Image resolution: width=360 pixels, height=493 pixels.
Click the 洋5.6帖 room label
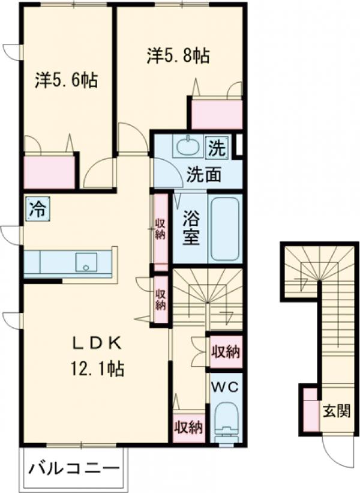pyautogui.click(x=66, y=80)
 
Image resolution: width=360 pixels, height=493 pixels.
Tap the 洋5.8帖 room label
pyautogui.click(x=178, y=56)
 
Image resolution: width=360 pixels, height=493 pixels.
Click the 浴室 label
pyautogui.click(x=191, y=227)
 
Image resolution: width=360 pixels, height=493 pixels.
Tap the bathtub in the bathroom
pyautogui.click(x=225, y=227)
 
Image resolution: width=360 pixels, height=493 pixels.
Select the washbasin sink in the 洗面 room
pyautogui.click(x=188, y=145)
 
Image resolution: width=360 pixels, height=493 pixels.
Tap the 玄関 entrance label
pyautogui.click(x=338, y=412)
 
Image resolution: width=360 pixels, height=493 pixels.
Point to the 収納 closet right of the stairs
pyautogui.click(x=226, y=351)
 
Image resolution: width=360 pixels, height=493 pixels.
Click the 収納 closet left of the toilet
pyautogui.click(x=188, y=428)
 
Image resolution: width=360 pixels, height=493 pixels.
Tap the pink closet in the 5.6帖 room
pyautogui.click(x=49, y=171)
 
